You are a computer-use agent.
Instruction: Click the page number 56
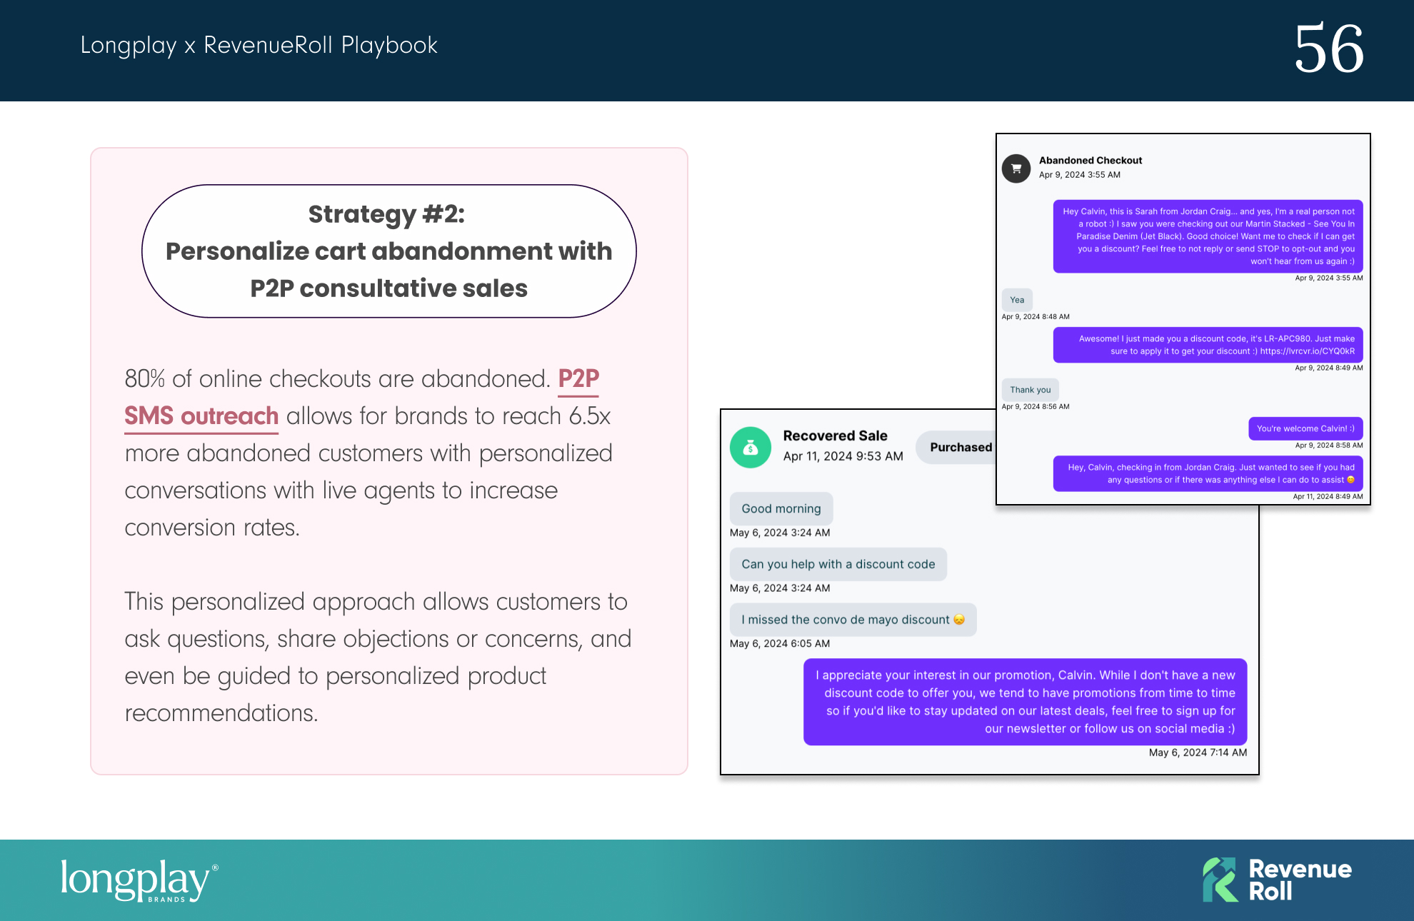point(1329,49)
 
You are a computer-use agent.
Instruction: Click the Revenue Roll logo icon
point(1220,880)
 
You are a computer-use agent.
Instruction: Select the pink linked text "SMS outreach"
point(201,416)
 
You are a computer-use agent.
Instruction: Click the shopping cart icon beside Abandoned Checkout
point(1016,168)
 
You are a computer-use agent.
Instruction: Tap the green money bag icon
point(751,448)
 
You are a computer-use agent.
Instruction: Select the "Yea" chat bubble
point(1017,300)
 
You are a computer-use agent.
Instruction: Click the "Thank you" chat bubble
point(1031,390)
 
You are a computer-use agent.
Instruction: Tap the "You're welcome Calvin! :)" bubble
point(1305,428)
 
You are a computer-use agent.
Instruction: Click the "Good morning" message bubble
point(781,508)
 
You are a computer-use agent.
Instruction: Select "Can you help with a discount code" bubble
point(838,564)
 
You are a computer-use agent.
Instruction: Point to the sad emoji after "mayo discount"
point(959,620)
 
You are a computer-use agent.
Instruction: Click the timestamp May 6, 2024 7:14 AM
point(1198,753)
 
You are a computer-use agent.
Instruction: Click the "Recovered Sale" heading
point(835,436)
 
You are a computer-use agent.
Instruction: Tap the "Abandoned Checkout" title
point(1090,161)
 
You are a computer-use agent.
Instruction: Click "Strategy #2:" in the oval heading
point(386,213)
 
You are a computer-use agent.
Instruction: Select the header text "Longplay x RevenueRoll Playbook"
point(259,45)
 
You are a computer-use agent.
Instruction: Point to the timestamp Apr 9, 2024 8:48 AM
point(1036,317)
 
